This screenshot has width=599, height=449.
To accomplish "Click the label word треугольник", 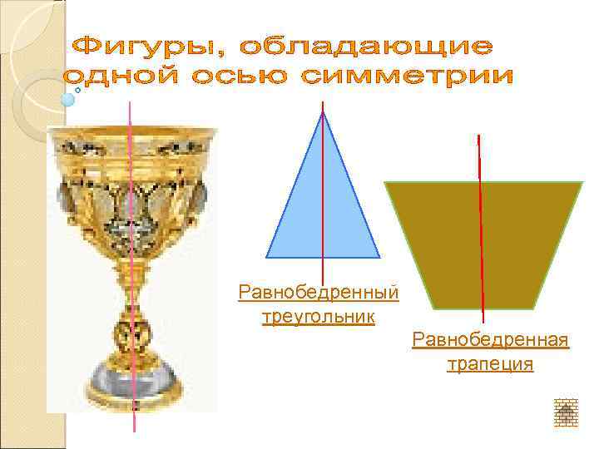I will tap(318, 316).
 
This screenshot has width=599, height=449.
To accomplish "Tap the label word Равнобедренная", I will tap(490, 341).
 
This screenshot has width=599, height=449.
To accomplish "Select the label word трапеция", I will tap(490, 364).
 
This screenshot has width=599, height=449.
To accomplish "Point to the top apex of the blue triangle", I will tap(323, 112).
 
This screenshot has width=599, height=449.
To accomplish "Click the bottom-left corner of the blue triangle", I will tap(266, 257).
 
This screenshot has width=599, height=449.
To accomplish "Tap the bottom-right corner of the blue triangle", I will tap(379, 257).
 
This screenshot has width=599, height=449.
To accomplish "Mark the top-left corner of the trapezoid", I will tap(385, 183).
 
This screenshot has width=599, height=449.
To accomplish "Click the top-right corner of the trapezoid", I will tap(582, 183).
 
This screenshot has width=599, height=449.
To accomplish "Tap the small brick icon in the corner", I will tap(566, 412).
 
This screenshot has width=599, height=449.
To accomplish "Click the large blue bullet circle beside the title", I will tap(68, 99).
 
